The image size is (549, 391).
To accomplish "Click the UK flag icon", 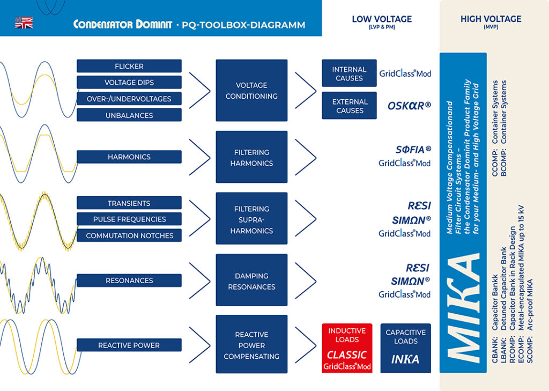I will point(24,23).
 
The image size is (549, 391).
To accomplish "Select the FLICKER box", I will point(129,66).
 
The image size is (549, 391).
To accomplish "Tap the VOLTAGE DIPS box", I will point(129,83).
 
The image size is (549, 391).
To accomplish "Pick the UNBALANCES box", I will point(129,115).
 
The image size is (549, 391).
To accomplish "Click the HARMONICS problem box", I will point(129,157).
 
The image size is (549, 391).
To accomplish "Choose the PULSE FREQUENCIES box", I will point(129,219).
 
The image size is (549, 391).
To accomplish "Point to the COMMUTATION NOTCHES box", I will point(129,235).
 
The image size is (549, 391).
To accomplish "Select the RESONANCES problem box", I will point(129,280).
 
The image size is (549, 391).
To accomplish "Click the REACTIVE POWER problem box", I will point(129,345).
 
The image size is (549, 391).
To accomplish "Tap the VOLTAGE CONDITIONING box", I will point(251,90).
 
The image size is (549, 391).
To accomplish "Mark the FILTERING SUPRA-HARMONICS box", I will point(251,219).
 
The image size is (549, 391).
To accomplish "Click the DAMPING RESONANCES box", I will point(251,281).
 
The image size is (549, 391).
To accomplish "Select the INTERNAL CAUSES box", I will point(349,73).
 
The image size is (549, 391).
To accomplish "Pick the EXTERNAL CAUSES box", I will point(349,106).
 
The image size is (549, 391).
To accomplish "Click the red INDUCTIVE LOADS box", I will point(347,348).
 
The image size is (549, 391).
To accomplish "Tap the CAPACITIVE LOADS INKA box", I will point(405,348).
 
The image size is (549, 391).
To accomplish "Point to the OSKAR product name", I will point(409,106).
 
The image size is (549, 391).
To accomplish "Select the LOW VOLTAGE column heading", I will point(382,19).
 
